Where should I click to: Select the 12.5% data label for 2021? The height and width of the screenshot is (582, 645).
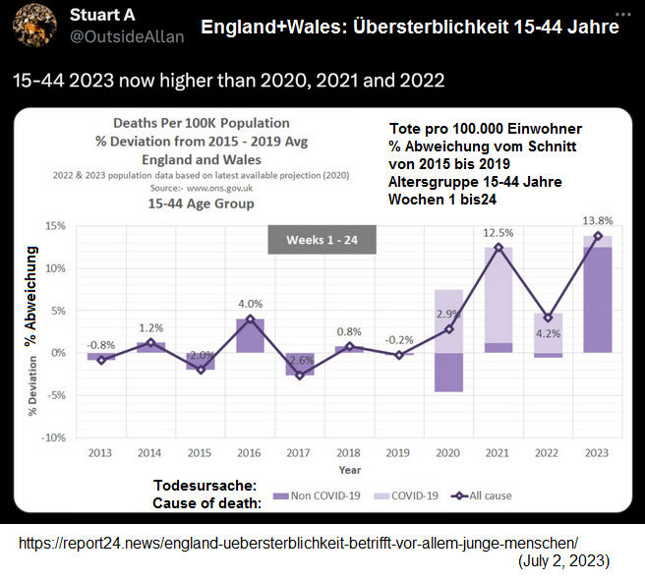click(x=498, y=232)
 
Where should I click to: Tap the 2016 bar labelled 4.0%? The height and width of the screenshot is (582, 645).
click(x=251, y=334)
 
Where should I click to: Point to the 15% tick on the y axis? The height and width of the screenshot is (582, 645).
click(x=55, y=226)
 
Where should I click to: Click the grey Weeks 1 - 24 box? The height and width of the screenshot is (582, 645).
click(x=322, y=241)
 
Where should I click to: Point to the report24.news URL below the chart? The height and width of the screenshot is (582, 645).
click(x=298, y=543)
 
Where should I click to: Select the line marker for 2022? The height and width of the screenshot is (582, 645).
click(x=548, y=318)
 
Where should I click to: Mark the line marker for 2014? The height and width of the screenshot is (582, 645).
click(x=151, y=342)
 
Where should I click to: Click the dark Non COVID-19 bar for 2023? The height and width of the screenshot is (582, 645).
click(x=597, y=300)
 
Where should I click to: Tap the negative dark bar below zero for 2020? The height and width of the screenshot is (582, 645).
click(x=448, y=372)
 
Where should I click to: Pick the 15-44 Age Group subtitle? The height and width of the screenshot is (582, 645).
click(x=201, y=204)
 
